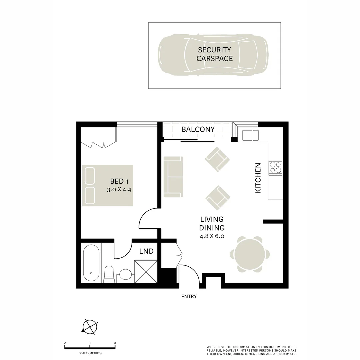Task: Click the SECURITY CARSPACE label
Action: click(x=214, y=54)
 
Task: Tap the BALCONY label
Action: click(x=198, y=129)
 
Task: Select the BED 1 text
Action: click(x=119, y=181)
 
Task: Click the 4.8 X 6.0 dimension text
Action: click(x=212, y=236)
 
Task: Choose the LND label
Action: click(x=146, y=251)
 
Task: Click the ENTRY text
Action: click(x=189, y=296)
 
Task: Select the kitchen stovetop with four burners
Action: click(x=275, y=168)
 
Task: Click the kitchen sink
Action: click(x=250, y=135)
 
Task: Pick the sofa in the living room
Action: click(x=173, y=176)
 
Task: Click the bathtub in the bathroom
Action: click(x=91, y=263)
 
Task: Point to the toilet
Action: click(x=109, y=274)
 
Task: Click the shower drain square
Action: click(x=146, y=272)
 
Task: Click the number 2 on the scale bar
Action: click(x=115, y=343)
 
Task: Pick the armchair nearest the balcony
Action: click(x=217, y=159)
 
